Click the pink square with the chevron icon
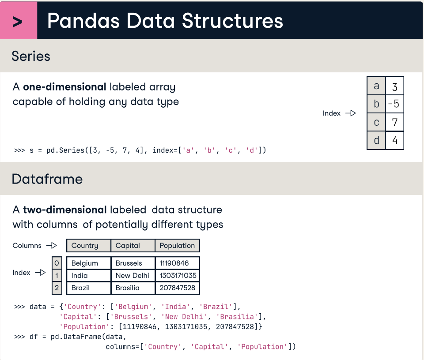coord(19,21)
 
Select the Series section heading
coord(31,56)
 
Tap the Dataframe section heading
coord(47,179)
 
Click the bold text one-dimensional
coord(64,87)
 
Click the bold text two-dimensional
coord(65,210)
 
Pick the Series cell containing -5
coord(394,104)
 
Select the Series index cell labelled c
coord(376,122)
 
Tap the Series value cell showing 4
coord(394,141)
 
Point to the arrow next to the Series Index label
coord(350,113)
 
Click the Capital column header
coord(128,246)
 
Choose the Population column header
coord(177,246)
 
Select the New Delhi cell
coord(132,276)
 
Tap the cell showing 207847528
coord(178,288)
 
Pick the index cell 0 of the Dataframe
coord(57,263)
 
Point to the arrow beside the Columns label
coord(52,246)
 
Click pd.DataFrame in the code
coord(68,337)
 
